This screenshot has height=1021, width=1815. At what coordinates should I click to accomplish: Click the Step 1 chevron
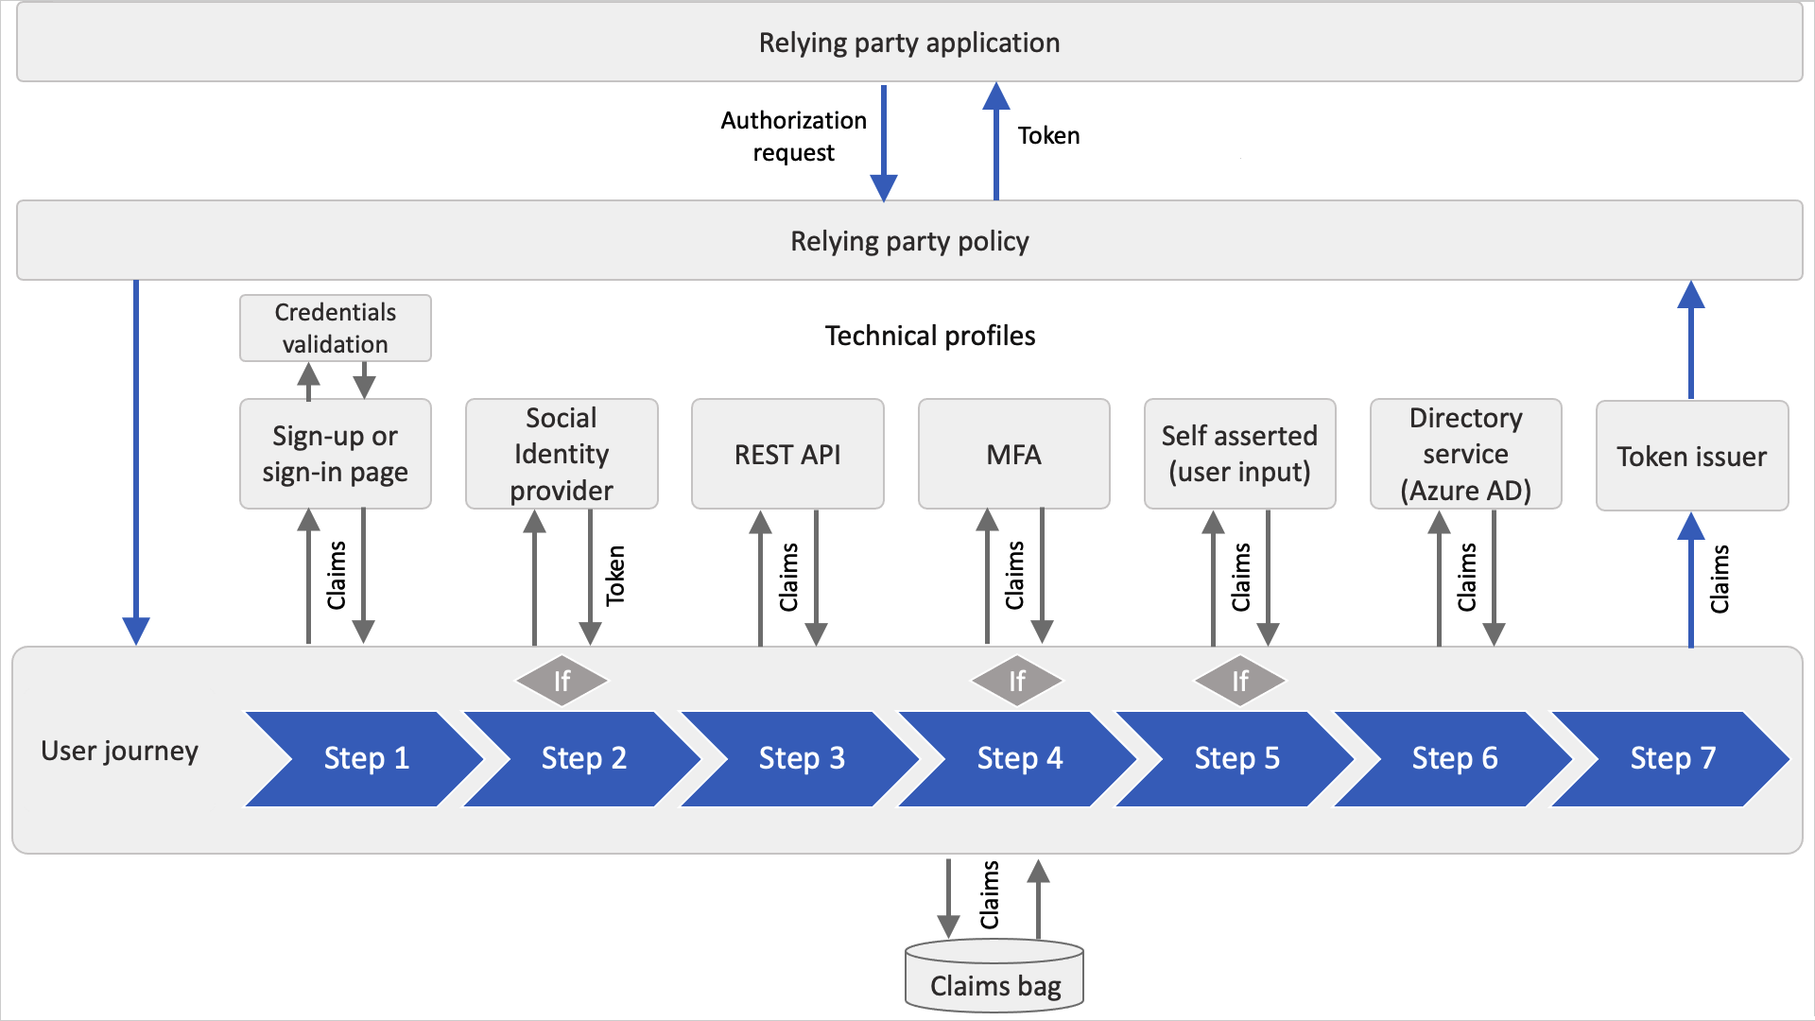365,758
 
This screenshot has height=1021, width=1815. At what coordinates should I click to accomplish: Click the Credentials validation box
336,328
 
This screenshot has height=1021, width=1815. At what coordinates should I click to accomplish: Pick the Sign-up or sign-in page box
336,454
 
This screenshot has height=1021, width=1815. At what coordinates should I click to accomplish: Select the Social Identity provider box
562,454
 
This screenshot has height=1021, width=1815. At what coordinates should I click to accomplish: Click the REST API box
787,454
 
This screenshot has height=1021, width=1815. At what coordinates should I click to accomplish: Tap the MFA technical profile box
1013,454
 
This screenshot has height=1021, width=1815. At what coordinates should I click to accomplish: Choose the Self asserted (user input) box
1239,454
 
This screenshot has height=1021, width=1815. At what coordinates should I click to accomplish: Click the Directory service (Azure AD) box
1465,454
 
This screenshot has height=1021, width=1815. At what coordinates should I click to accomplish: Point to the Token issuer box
1691,457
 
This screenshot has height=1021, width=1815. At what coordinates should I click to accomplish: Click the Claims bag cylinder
994,978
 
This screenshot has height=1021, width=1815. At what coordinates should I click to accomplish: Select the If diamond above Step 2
562,681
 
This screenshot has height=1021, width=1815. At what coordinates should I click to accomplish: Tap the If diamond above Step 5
1239,681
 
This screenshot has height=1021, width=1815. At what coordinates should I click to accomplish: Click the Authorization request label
793,136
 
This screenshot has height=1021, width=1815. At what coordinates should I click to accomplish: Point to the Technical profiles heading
930,336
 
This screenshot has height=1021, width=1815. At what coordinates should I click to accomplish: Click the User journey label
120,751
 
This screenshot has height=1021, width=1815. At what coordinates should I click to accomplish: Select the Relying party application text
909,43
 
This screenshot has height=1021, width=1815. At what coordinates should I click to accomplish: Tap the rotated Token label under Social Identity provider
615,575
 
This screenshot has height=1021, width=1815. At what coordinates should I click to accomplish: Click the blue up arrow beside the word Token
995,142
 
